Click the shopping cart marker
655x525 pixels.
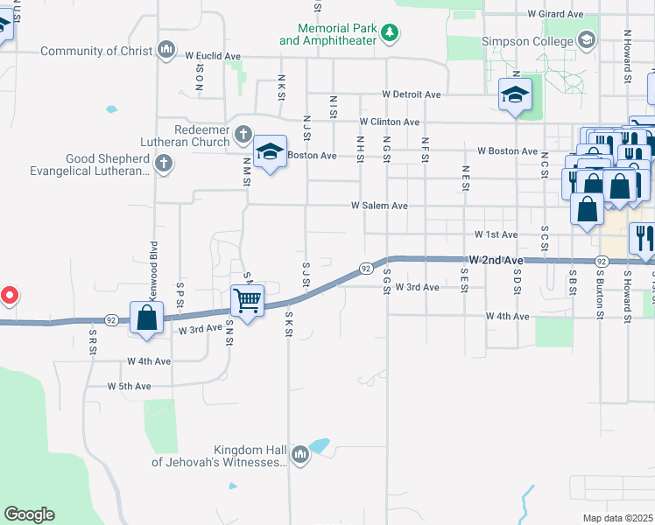[248, 302]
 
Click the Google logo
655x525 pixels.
[29, 514]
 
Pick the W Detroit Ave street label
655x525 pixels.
[411, 94]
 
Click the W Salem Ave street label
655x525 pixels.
[379, 206]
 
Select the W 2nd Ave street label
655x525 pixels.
[496, 261]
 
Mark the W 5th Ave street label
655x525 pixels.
[130, 386]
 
